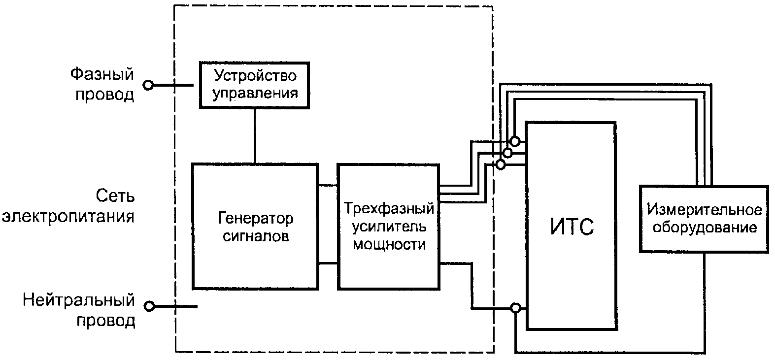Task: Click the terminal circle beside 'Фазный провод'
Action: click(x=148, y=85)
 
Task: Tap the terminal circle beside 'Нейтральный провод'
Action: click(x=149, y=306)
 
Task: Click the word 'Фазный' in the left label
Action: click(x=102, y=74)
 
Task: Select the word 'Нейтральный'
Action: click(x=78, y=300)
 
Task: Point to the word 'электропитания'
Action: click(x=68, y=217)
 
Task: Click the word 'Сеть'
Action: click(x=115, y=196)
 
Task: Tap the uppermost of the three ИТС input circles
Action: click(x=515, y=141)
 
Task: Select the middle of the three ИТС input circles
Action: click(x=507, y=153)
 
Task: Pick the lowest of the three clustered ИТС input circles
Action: click(x=501, y=164)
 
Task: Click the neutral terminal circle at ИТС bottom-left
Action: click(x=515, y=307)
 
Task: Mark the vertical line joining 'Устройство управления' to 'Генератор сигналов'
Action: click(x=255, y=136)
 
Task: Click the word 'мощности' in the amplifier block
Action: click(x=389, y=244)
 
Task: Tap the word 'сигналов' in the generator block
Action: click(x=256, y=236)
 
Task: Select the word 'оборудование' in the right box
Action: click(x=705, y=228)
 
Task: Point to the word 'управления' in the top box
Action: click(x=255, y=93)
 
